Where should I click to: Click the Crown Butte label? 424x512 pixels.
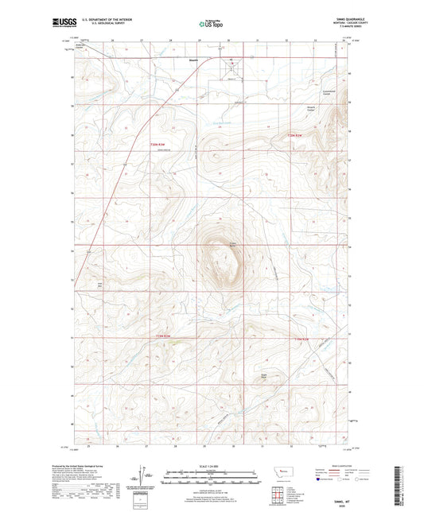[233, 244]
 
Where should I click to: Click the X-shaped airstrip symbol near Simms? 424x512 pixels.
[232, 62]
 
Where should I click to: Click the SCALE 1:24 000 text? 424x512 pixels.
[211, 467]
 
